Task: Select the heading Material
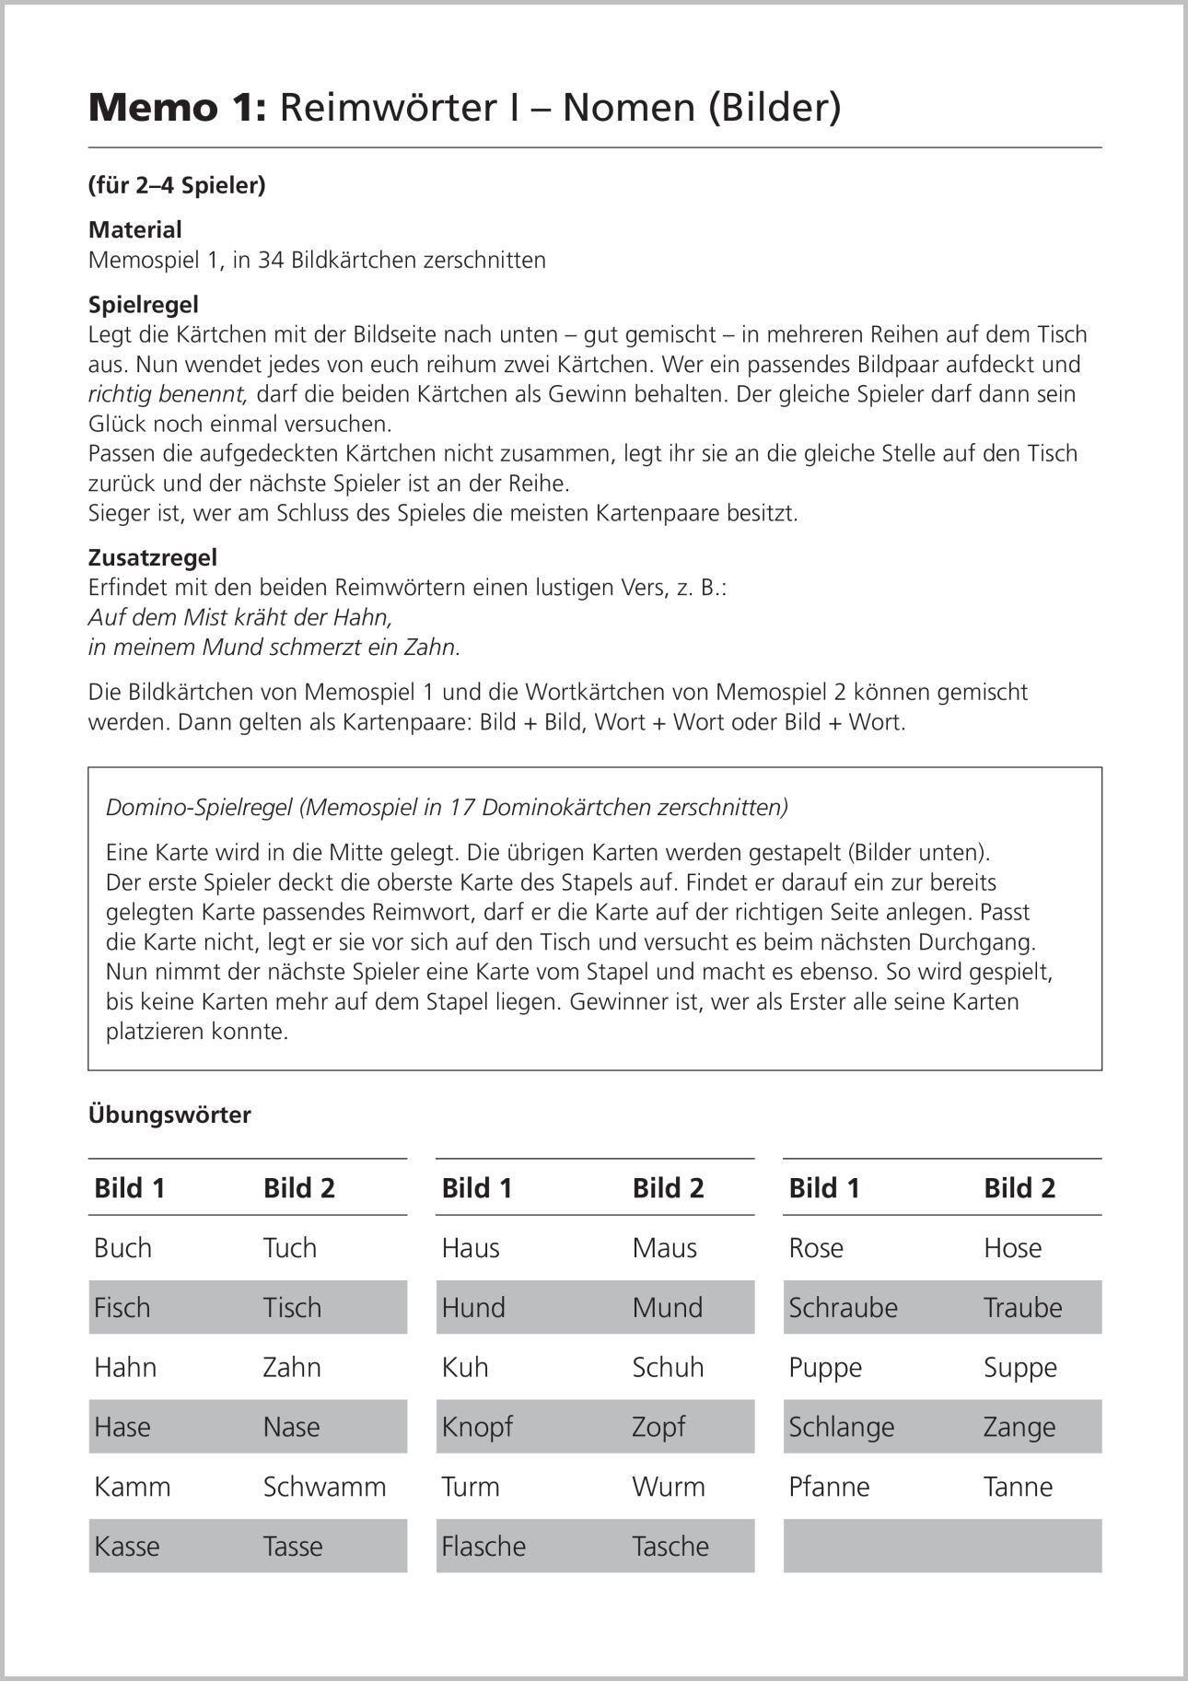tap(134, 229)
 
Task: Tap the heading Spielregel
tap(143, 304)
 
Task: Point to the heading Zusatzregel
tap(152, 557)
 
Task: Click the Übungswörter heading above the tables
tap(169, 1115)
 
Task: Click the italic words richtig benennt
tap(168, 394)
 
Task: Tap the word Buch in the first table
tap(122, 1248)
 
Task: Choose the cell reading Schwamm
tap(324, 1487)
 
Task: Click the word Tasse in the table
tap(292, 1547)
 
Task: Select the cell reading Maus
tap(665, 1248)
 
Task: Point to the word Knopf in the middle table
tap(476, 1427)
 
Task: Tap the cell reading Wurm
tap(669, 1487)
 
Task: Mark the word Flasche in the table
tap(483, 1547)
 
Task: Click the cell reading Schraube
tap(843, 1308)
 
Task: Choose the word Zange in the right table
tap(1019, 1427)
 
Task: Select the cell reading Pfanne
tap(829, 1487)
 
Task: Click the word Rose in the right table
tap(816, 1248)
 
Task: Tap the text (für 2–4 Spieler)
tap(177, 185)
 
